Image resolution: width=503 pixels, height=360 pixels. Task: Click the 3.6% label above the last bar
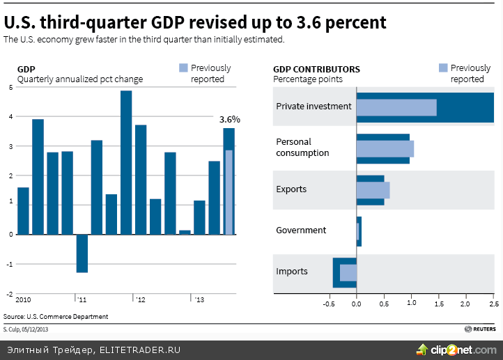pos(229,120)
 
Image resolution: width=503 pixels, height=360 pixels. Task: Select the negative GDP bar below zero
pos(82,253)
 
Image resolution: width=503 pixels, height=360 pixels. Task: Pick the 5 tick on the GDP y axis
pos(10,87)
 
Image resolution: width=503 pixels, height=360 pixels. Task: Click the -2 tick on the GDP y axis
pos(10,294)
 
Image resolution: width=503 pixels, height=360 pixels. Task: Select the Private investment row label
pos(314,107)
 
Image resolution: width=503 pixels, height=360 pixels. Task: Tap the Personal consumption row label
pos(302,147)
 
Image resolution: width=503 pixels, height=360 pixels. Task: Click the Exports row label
pos(291,189)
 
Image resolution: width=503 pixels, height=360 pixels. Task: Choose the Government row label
pos(301,230)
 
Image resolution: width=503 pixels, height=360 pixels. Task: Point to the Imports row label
pos(292,272)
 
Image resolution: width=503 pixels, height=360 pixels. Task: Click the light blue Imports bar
pos(348,272)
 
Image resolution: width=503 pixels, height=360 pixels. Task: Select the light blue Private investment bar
pos(396,107)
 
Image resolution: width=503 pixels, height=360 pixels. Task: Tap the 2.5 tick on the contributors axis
pos(493,305)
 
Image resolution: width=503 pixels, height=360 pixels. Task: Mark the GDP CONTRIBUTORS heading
pos(316,70)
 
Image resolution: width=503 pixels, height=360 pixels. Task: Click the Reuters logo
pos(481,329)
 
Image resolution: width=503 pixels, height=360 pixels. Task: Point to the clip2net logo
pos(456,348)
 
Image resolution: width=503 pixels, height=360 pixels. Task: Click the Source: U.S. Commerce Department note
pos(56,317)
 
